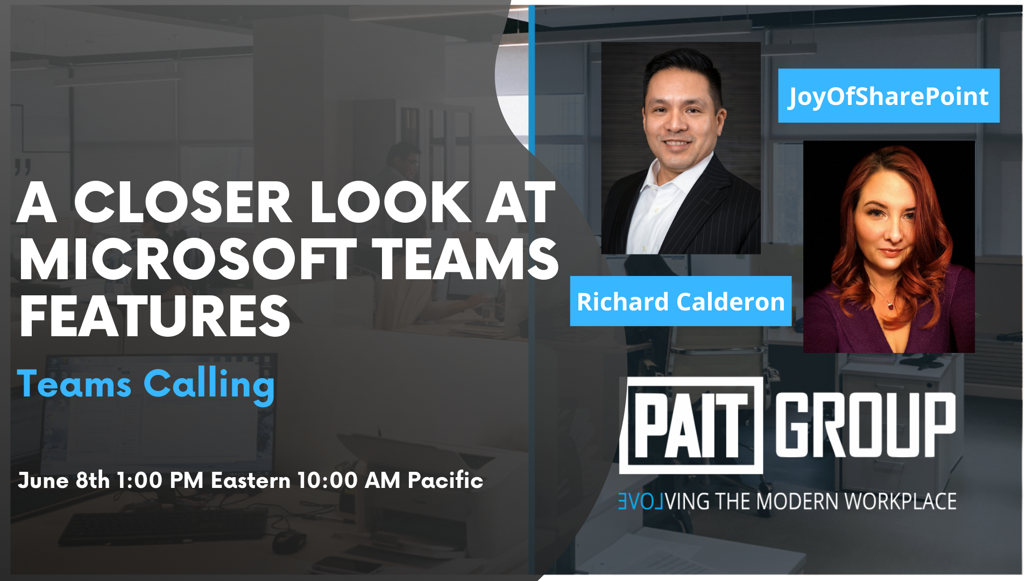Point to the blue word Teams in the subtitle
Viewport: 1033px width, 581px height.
(x=74, y=384)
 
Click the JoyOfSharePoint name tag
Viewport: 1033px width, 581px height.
(x=889, y=96)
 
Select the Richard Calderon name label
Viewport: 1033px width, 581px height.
(x=681, y=301)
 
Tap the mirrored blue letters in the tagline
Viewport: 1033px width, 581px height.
(x=641, y=501)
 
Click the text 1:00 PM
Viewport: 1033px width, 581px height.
(x=160, y=480)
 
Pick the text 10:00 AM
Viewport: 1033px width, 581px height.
(x=349, y=480)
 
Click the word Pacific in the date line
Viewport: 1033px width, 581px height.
(x=445, y=480)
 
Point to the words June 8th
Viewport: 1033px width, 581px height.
(x=63, y=480)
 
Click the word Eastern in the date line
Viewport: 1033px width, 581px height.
(x=250, y=480)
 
